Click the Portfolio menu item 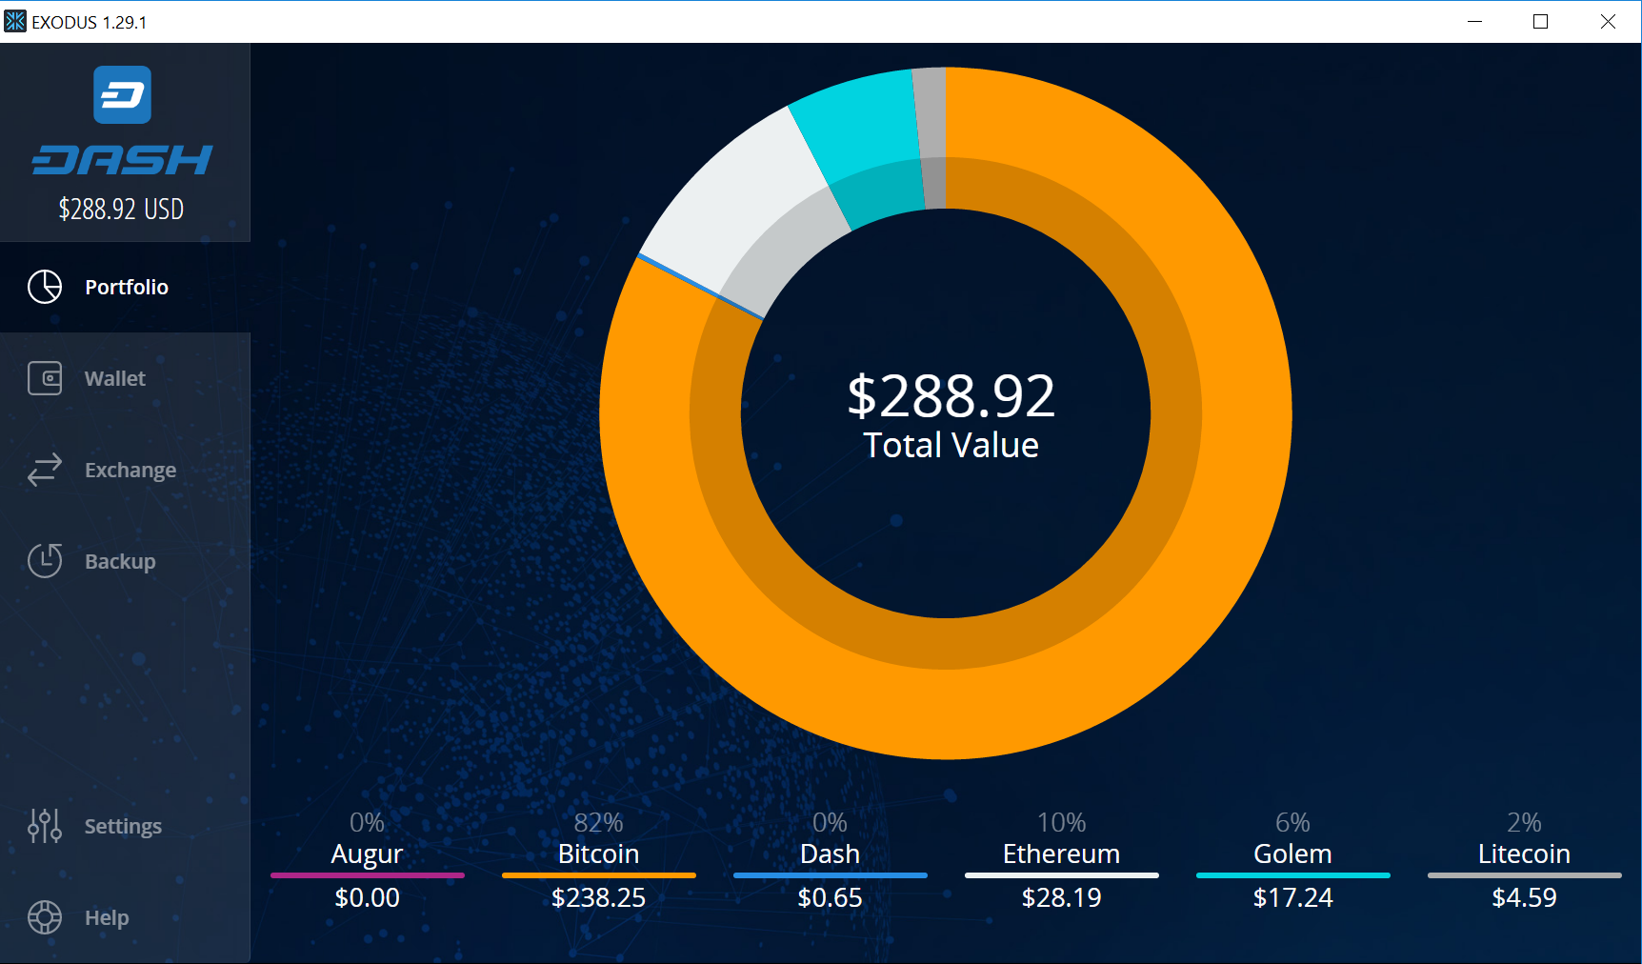125,287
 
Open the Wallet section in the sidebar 114,378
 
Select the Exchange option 130,470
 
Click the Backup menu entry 119,561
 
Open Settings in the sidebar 122,826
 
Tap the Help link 106,917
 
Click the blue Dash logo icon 122,95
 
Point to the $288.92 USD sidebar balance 121,209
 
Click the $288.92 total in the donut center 951,396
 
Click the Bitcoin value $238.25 598,897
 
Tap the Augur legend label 367,854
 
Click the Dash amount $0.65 830,897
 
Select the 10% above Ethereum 1061,822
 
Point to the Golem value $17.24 1292,897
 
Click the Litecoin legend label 1524,854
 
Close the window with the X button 1608,21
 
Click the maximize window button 1540,21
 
